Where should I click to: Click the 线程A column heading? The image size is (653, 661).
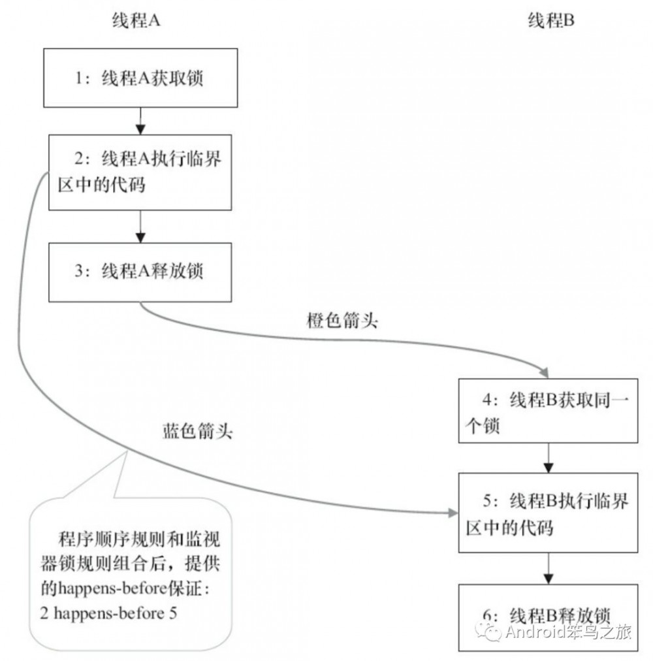136,21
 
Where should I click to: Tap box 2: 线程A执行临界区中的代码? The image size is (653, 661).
138,172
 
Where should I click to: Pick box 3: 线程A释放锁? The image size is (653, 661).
138,271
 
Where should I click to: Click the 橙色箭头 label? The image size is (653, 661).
342,321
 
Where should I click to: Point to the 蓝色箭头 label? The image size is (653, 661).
197,432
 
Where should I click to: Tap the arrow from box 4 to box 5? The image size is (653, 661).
549,457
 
